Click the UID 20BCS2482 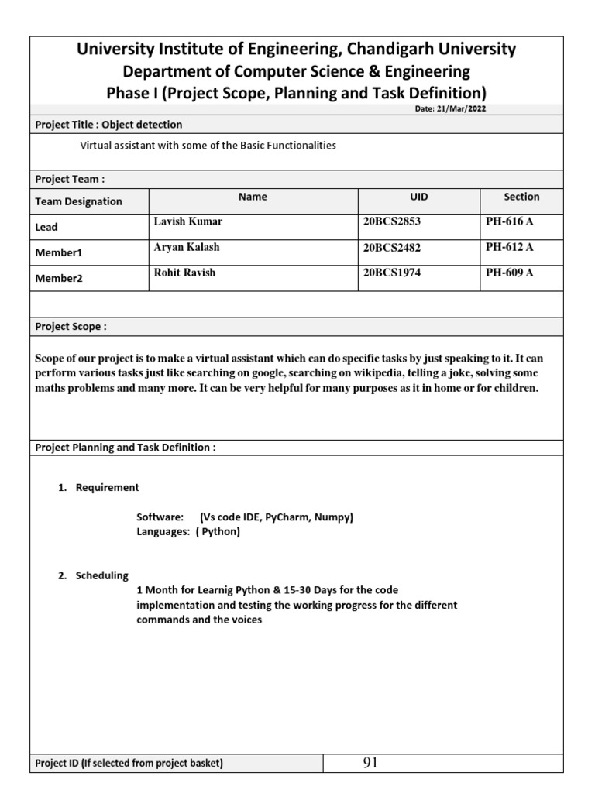[x=392, y=247]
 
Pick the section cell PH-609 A [x=509, y=273]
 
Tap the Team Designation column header [x=78, y=201]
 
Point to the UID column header [x=418, y=197]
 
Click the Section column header [x=521, y=197]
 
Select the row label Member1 [x=58, y=252]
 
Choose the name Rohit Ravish [x=186, y=273]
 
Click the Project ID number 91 [x=370, y=764]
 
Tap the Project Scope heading [x=71, y=327]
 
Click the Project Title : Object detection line [x=108, y=125]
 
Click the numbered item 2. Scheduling [x=95, y=575]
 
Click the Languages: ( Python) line [x=188, y=532]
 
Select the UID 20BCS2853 [x=392, y=221]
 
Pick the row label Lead [x=46, y=227]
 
